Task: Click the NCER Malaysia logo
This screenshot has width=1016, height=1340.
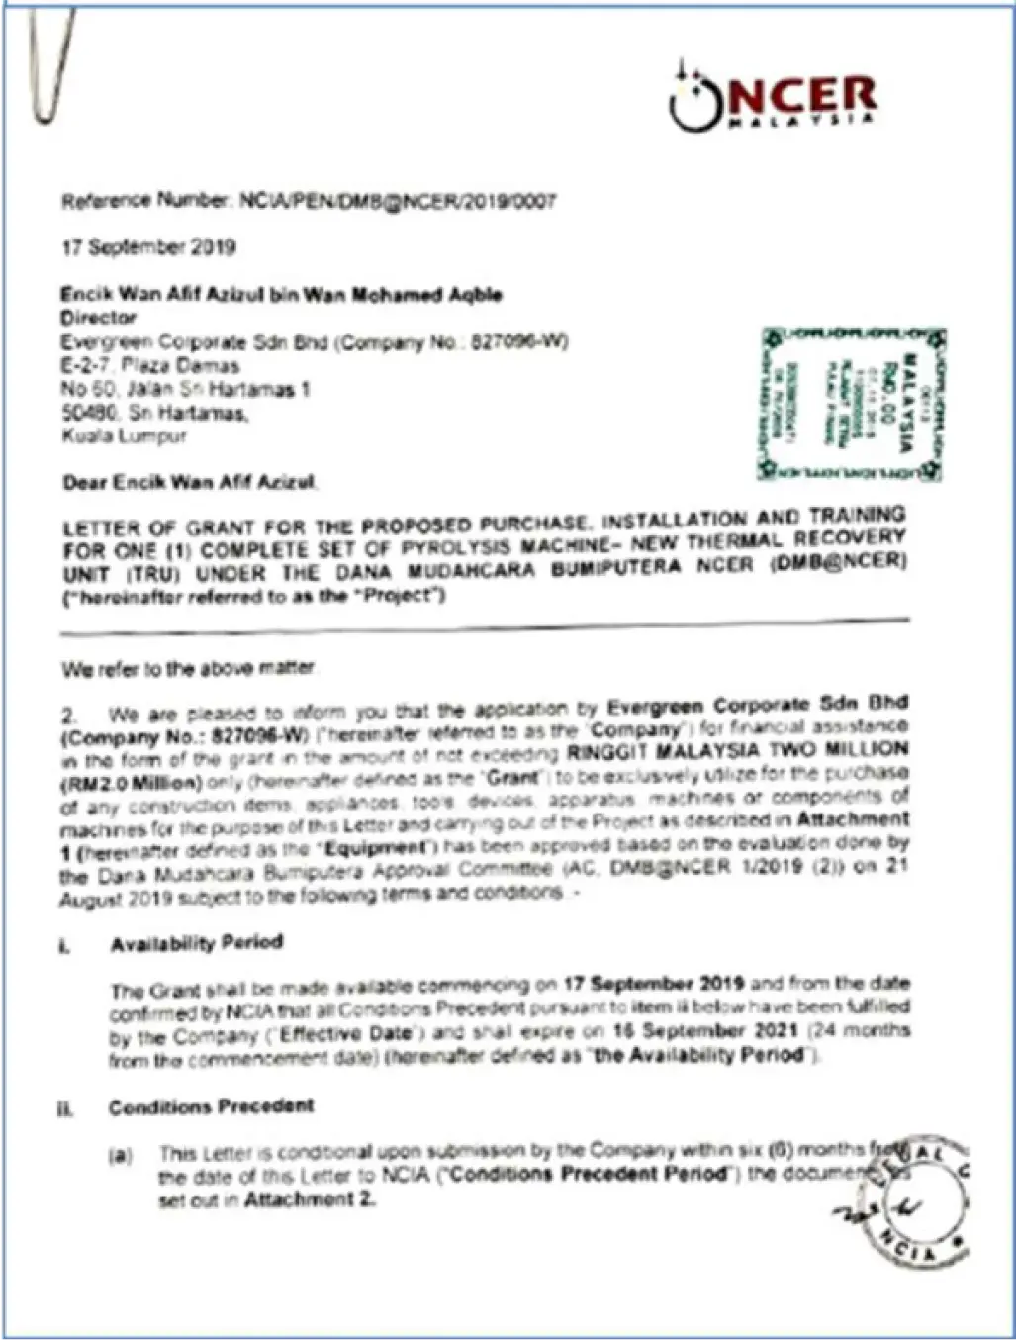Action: point(773,100)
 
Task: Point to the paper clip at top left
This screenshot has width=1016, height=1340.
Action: point(49,64)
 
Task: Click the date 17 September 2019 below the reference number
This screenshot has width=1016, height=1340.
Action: point(148,247)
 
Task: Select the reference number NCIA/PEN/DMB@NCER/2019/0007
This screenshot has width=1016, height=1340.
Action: point(396,202)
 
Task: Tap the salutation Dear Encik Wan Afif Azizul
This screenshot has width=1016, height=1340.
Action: point(189,483)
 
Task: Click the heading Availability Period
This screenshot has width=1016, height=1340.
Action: point(197,943)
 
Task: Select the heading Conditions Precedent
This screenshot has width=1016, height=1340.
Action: point(211,1106)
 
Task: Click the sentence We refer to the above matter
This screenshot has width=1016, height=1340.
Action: point(188,669)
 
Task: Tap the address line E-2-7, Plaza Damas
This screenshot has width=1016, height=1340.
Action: point(149,366)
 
